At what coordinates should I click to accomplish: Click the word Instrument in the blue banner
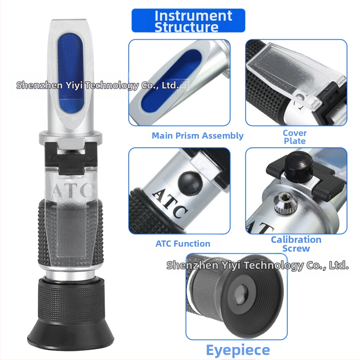193,16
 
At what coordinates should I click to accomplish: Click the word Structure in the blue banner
186,27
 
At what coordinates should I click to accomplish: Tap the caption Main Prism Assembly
198,136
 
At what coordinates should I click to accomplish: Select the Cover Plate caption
295,137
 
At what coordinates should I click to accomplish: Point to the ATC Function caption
183,243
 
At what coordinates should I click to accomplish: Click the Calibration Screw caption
296,244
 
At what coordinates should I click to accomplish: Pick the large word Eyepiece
238,351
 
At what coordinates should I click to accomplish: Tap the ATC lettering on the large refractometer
72,189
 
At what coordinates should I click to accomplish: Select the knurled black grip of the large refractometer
70,232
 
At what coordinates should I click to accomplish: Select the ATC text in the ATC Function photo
170,203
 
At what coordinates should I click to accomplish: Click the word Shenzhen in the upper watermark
40,85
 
